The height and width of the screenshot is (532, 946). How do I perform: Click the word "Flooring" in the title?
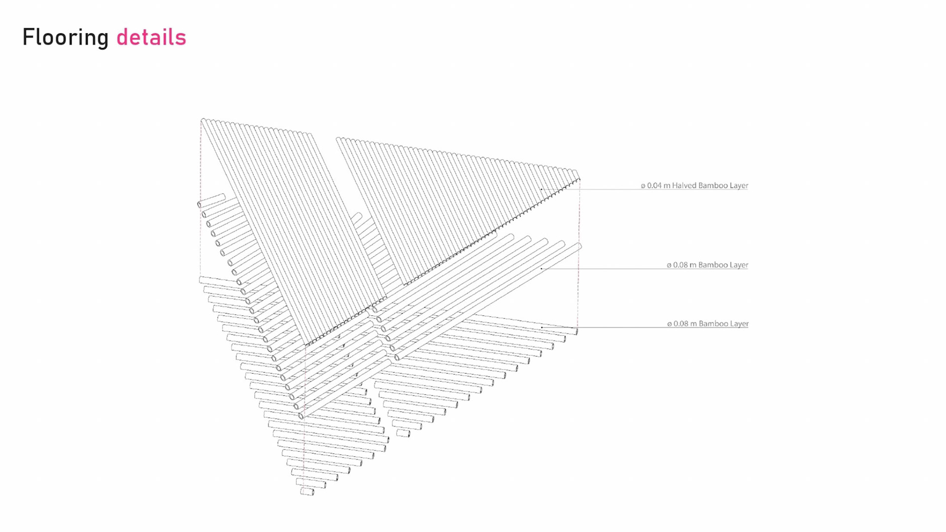tap(66, 37)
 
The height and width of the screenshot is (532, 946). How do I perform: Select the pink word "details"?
tap(151, 37)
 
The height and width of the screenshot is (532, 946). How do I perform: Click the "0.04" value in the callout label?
tap(654, 186)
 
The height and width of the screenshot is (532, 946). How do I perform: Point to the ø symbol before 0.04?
tap(643, 186)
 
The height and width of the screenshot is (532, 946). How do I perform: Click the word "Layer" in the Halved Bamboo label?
tap(738, 186)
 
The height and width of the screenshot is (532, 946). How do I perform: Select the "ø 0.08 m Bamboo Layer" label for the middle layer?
tap(707, 265)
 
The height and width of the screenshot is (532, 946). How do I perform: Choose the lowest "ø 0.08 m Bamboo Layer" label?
tap(708, 324)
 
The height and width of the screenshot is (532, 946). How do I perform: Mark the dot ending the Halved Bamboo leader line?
tap(541, 189)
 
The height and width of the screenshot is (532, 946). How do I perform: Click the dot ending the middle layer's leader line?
tap(541, 268)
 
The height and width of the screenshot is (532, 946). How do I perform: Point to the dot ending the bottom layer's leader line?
tap(541, 327)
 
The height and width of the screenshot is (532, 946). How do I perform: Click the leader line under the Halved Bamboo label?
tap(641, 190)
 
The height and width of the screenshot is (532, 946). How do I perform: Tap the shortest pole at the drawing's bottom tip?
tap(307, 491)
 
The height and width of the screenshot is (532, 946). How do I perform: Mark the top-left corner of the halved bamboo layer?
tap(203, 120)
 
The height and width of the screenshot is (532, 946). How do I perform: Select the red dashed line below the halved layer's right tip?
tap(579, 212)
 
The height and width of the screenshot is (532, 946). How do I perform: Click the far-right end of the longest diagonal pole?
tap(579, 246)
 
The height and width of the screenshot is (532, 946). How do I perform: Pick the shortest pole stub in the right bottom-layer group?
tap(403, 433)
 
